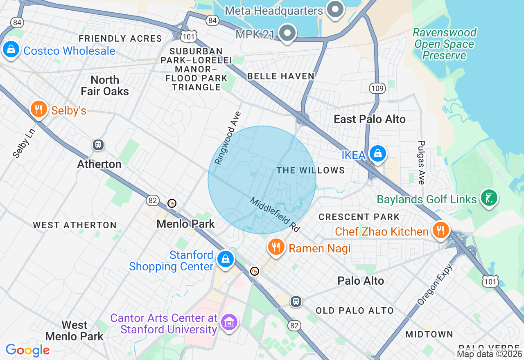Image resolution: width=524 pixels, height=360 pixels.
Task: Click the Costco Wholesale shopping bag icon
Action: click(x=11, y=49)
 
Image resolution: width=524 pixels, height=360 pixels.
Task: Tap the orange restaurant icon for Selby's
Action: click(x=38, y=109)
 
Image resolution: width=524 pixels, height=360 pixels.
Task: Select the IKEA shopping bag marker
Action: click(x=377, y=154)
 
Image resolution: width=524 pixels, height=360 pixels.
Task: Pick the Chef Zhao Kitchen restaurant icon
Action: click(x=440, y=230)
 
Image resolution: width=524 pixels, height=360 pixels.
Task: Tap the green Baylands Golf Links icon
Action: click(x=489, y=198)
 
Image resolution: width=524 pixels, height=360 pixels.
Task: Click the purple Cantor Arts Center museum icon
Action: click(x=229, y=322)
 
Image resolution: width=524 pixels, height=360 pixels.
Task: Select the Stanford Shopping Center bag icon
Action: click(x=225, y=259)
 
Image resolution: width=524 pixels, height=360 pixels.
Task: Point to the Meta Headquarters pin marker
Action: click(x=335, y=9)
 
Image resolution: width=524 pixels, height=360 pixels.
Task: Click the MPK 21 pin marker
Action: click(x=287, y=33)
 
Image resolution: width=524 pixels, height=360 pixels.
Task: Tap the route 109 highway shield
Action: click(x=377, y=88)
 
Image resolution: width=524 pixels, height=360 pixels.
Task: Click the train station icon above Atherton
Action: click(x=98, y=144)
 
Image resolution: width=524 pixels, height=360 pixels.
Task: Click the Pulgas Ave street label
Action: click(x=421, y=162)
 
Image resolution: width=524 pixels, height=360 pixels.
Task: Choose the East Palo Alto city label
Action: click(x=370, y=119)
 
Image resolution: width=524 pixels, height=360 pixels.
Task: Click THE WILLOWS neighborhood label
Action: click(x=311, y=170)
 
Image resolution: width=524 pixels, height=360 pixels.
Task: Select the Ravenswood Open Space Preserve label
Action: click(x=445, y=44)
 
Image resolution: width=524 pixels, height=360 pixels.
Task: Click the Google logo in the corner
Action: click(x=27, y=350)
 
